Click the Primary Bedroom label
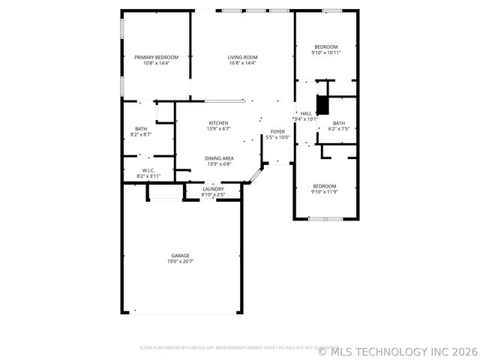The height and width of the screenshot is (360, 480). [156, 58]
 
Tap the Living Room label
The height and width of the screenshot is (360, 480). [243, 58]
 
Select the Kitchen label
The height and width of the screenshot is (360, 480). [218, 123]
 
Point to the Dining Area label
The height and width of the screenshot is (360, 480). [219, 158]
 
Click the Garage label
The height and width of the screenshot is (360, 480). [180, 256]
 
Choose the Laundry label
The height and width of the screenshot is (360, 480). [213, 189]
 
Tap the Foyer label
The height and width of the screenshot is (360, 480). [277, 132]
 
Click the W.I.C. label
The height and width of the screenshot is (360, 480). [148, 170]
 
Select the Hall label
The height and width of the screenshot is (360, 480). [306, 113]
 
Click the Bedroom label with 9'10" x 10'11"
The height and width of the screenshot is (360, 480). [326, 46]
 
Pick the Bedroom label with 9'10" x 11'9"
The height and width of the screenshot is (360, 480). [324, 186]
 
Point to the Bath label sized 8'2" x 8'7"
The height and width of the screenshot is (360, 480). [141, 129]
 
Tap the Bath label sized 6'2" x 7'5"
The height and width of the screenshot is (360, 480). [339, 123]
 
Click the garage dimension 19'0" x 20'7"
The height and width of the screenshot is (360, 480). [180, 262]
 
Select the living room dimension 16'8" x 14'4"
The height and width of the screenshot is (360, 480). [243, 64]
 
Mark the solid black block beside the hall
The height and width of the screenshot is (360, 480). [322, 104]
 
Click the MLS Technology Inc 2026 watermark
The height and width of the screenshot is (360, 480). [397, 350]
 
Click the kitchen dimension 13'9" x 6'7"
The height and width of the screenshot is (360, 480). [218, 129]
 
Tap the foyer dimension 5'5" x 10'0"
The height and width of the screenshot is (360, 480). [277, 138]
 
